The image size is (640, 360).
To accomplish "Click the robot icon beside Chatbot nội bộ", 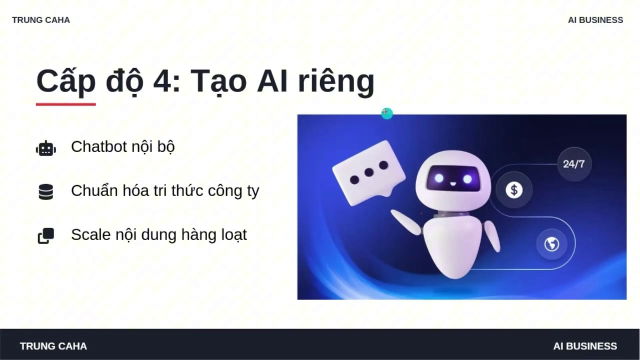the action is (45, 148).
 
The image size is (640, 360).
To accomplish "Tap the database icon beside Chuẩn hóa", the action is (45, 191).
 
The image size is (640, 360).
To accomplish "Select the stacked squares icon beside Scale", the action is (45, 235).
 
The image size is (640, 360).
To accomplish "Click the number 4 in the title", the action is (162, 81).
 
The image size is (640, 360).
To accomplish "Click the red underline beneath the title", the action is (65, 104).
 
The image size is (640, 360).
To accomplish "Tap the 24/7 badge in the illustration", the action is (574, 164).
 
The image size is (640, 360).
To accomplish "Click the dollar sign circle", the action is (514, 190).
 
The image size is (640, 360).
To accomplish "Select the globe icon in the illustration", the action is (551, 244).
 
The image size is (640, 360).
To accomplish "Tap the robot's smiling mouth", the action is (453, 183).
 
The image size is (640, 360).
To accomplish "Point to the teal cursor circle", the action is (387, 113).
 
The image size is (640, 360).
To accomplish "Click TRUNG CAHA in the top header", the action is (41, 20).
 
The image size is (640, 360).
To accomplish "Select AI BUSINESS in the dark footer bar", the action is (585, 346).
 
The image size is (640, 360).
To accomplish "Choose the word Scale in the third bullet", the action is (91, 234).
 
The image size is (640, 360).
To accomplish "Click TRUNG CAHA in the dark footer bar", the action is (53, 346).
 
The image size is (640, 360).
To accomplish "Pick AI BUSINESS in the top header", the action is (595, 20).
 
